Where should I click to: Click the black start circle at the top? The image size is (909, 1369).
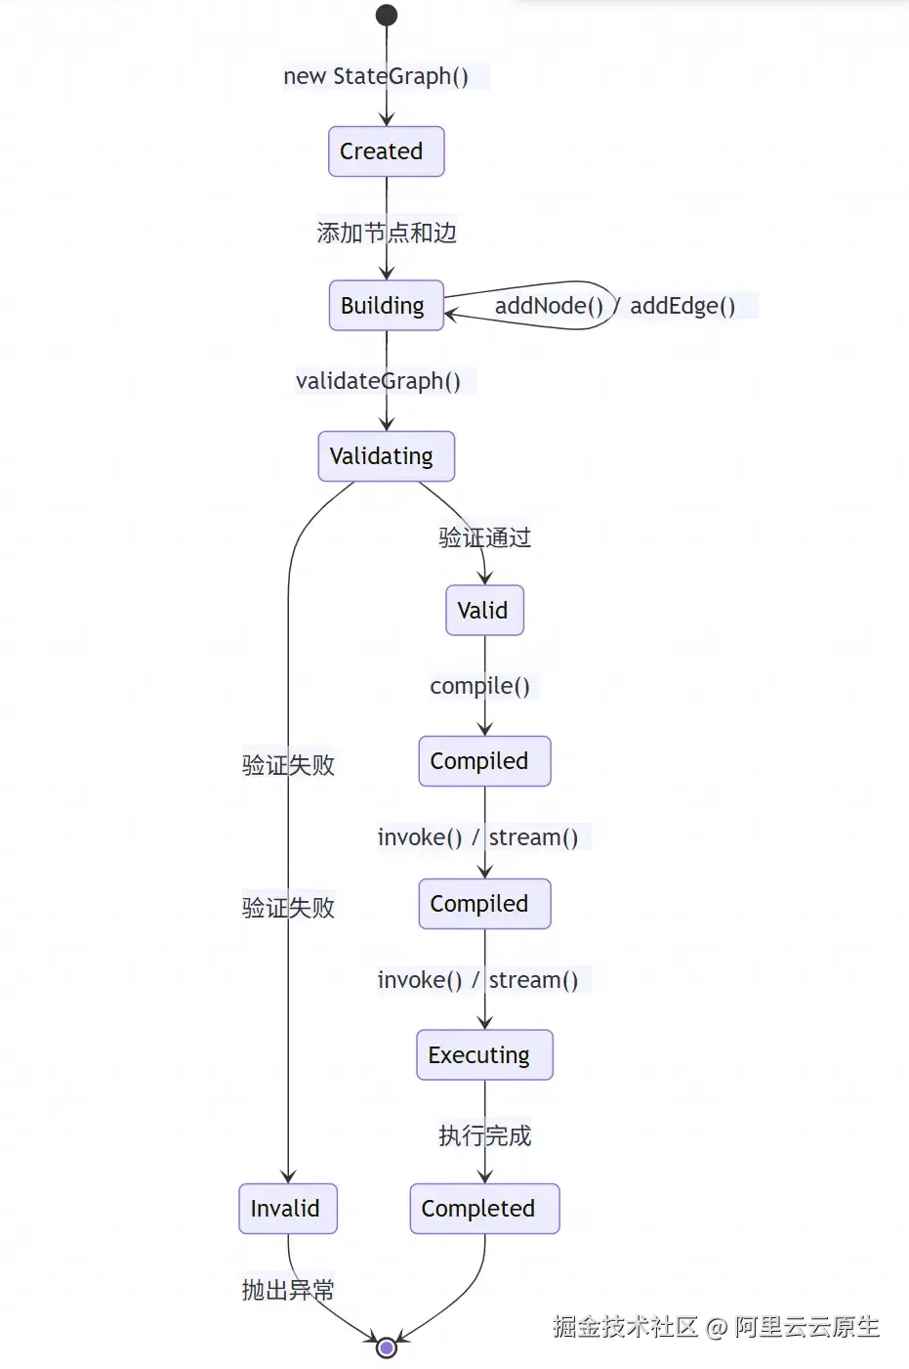[x=387, y=15]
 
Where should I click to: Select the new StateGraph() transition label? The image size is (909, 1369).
[x=376, y=76]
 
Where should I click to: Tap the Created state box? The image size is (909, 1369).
[x=386, y=151]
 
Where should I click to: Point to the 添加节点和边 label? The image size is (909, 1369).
[x=386, y=233]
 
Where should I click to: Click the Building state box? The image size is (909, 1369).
[x=386, y=306]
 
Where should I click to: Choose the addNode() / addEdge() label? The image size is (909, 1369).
[x=614, y=306]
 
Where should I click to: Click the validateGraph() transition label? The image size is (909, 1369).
[x=378, y=381]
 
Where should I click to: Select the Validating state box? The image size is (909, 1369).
[x=386, y=456]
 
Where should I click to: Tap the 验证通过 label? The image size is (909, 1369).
[x=484, y=537]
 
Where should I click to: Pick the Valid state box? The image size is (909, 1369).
[x=484, y=611]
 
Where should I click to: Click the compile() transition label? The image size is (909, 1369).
[x=480, y=686]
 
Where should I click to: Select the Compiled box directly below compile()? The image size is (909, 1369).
[x=484, y=761]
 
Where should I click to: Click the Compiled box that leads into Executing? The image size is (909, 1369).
[x=484, y=904]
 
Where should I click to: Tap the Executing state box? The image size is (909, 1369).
[x=484, y=1055]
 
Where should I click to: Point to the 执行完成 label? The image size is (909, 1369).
[x=484, y=1135]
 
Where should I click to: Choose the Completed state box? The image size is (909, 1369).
[x=484, y=1209]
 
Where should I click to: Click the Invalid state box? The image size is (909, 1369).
[x=287, y=1209]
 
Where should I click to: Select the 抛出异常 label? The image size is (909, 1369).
[x=288, y=1290]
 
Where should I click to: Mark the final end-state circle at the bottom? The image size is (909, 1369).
[x=387, y=1348]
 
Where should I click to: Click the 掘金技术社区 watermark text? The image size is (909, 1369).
[x=625, y=1326]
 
